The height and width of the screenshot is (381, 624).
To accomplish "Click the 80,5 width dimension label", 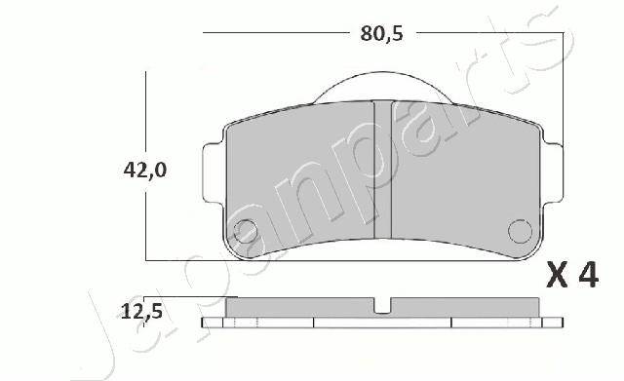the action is (x=381, y=34).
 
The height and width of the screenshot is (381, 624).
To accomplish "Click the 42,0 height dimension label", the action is (x=145, y=171).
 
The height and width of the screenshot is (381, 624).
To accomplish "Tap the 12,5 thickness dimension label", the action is (x=141, y=311).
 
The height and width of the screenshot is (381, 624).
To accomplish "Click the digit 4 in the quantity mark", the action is (x=588, y=275).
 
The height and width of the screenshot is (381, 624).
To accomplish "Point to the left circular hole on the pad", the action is (x=245, y=232).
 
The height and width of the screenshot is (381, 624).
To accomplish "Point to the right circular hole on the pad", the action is (x=520, y=231).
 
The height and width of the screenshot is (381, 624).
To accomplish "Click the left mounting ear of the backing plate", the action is (x=213, y=173).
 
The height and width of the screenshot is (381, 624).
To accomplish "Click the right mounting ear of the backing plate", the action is (x=553, y=173).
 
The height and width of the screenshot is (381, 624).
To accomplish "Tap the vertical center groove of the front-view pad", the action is (x=383, y=170).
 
